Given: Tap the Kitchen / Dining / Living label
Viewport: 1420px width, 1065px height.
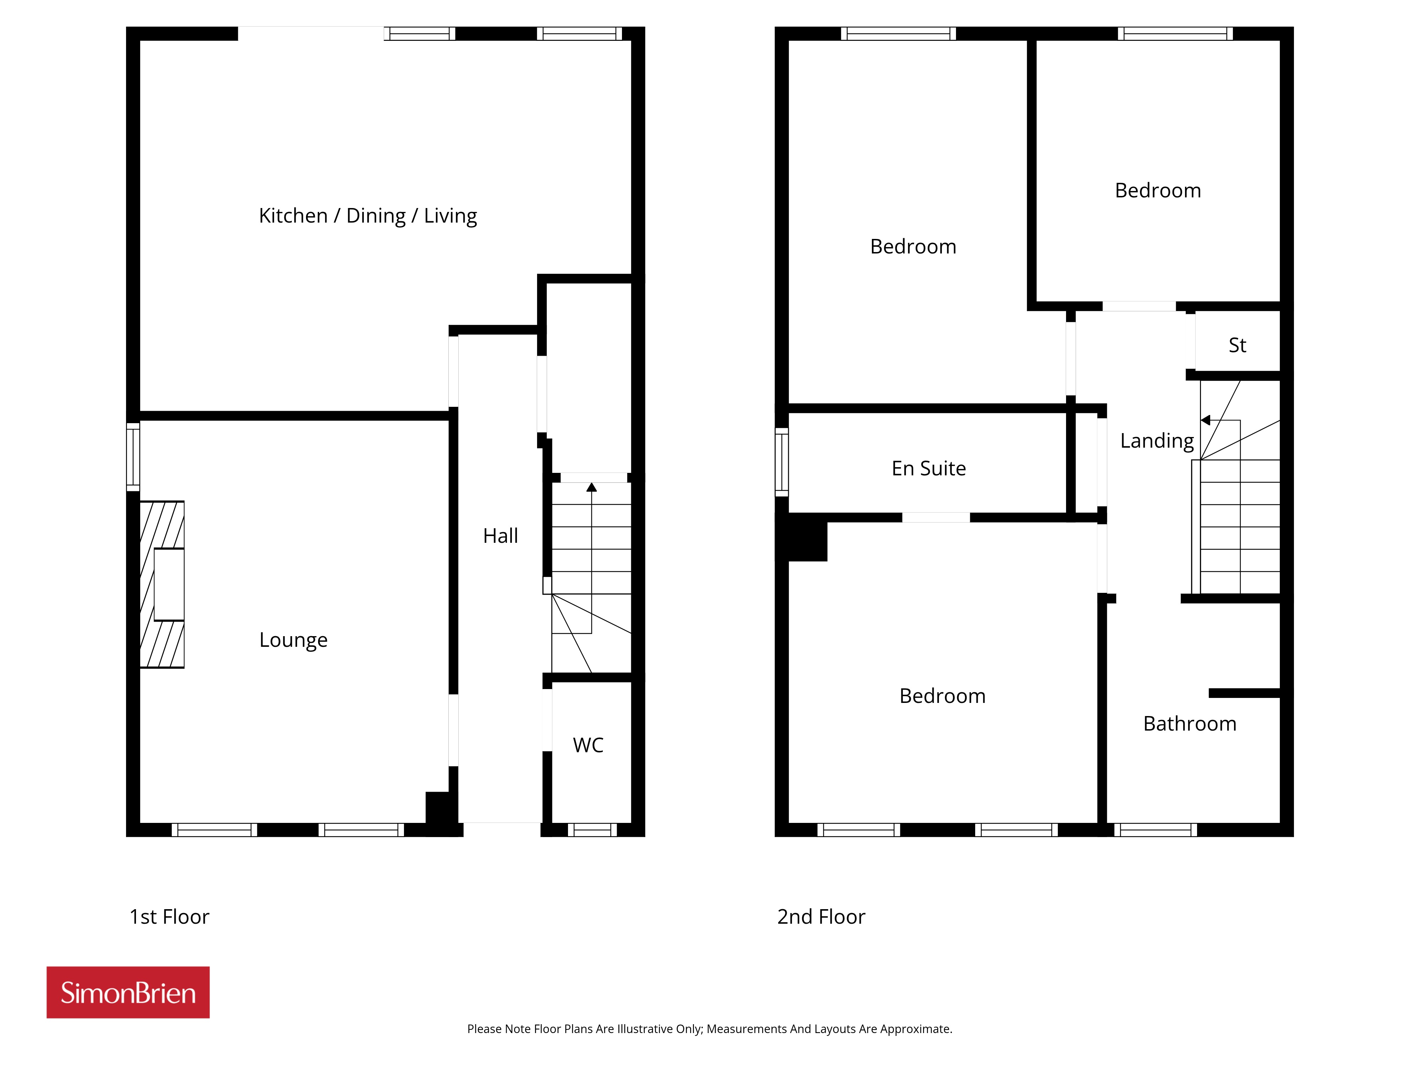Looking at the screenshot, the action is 368,216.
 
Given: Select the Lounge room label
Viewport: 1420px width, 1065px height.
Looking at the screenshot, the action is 293,640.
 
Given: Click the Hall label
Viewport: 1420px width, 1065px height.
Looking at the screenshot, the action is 500,535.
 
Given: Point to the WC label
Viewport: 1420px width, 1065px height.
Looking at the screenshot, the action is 588,745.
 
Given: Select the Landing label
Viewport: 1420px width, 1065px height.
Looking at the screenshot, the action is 1157,441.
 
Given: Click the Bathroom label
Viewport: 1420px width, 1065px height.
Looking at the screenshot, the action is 1190,723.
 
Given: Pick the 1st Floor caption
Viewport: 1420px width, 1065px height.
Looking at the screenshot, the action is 169,917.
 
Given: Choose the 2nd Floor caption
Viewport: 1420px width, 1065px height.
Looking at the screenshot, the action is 821,917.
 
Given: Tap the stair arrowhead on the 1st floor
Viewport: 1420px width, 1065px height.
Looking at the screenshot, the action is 592,487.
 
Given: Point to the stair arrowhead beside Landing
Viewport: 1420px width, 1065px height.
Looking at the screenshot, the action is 1205,420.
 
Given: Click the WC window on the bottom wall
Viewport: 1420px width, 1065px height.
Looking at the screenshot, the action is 592,829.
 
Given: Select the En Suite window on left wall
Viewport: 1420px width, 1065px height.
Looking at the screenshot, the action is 781,462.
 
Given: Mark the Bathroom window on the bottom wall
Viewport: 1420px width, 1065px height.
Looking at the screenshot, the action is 1156,829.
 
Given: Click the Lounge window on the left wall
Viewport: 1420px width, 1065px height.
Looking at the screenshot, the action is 133,457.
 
